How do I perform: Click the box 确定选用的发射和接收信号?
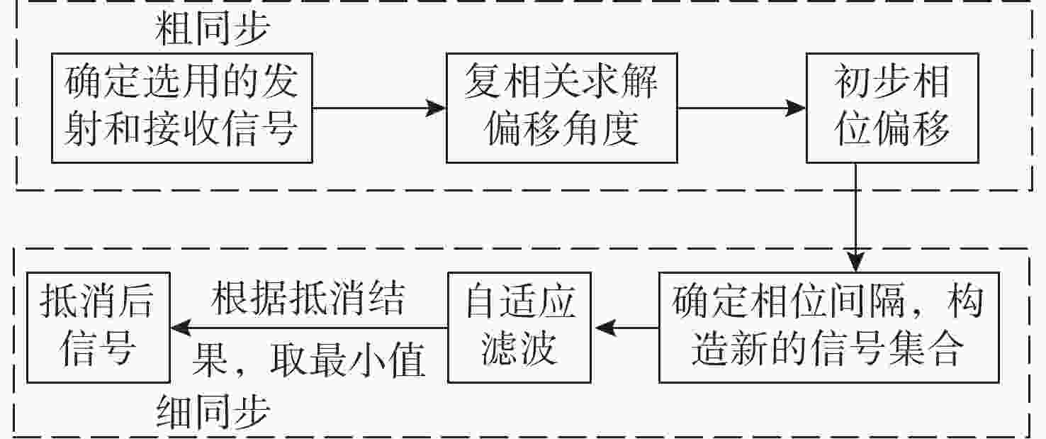pyautogui.click(x=182, y=108)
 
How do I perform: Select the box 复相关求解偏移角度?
pyautogui.click(x=561, y=108)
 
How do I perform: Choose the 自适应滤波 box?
pyautogui.click(x=520, y=328)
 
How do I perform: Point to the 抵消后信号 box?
pyautogui.click(x=98, y=328)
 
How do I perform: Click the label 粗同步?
pyautogui.click(x=213, y=30)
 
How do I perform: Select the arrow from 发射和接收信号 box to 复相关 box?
pyautogui.click(x=379, y=109)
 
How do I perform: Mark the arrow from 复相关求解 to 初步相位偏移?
pyautogui.click(x=742, y=109)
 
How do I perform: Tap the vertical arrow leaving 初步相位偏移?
pyautogui.click(x=857, y=216)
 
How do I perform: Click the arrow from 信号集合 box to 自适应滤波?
pyautogui.click(x=626, y=328)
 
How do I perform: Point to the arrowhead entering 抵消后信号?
pyautogui.click(x=181, y=328)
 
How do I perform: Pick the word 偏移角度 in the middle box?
pyautogui.click(x=562, y=129)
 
